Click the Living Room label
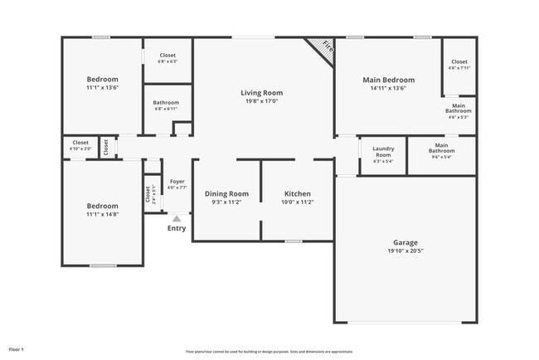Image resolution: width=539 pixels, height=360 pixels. click(261, 93)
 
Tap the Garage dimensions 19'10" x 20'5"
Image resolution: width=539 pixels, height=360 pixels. click(405, 251)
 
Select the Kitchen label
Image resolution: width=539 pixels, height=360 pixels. click(297, 193)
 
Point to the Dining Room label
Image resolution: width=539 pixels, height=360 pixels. click(226, 193)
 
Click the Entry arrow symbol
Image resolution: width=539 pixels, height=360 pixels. click(176, 218)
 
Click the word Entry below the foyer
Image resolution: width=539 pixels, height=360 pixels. click(177, 228)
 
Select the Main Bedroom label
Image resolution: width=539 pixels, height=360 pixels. click(388, 80)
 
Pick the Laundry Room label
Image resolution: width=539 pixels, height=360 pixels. click(382, 151)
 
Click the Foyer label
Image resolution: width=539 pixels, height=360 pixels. click(177, 181)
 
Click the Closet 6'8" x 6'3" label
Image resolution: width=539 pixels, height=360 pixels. click(168, 58)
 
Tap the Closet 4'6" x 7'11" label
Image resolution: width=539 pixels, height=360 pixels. click(459, 65)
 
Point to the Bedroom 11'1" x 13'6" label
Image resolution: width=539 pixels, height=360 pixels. click(103, 80)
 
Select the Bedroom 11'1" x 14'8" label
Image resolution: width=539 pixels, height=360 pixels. click(103, 206)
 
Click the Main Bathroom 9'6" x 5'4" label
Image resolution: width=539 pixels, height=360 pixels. click(441, 150)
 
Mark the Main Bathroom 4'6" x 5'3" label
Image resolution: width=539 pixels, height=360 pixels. click(458, 109)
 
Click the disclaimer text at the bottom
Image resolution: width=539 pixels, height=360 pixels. click(269, 352)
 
